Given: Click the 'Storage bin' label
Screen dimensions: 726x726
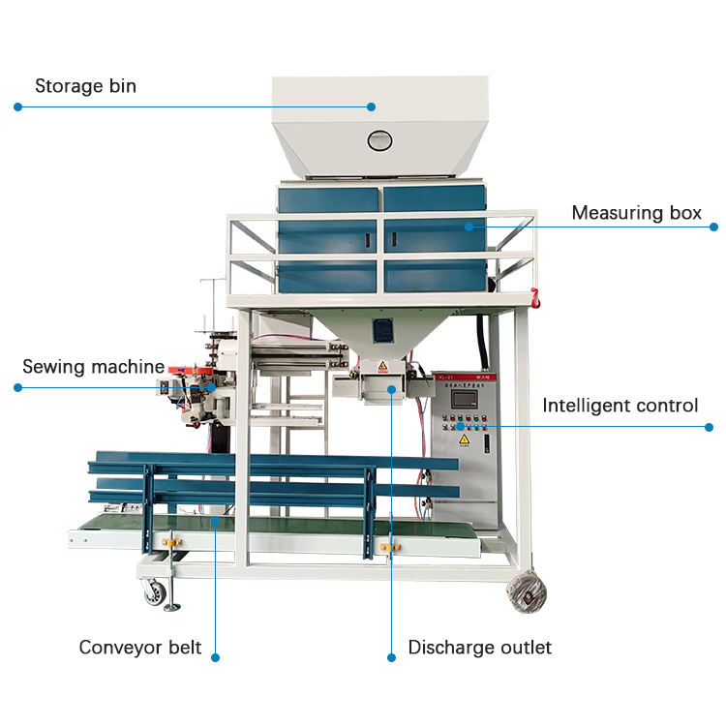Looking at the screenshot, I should [85, 86].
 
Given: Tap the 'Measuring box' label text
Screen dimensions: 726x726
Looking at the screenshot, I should [636, 213].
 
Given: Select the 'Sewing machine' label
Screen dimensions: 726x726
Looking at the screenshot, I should [93, 367].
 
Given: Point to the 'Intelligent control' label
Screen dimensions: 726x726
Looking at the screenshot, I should [620, 406].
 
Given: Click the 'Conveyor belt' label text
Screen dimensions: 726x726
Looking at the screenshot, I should [140, 647].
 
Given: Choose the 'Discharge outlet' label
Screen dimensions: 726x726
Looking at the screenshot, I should [479, 647].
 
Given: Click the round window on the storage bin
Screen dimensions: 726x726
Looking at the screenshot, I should [378, 140].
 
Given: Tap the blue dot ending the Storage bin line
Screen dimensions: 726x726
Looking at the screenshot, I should [17, 106].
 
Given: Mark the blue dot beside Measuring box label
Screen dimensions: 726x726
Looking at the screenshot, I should [713, 227].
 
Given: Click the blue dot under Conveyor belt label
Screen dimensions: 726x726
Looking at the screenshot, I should [215, 657].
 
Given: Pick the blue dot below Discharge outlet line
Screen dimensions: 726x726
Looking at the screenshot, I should [391, 657].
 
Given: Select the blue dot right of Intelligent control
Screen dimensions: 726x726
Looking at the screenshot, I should [709, 426].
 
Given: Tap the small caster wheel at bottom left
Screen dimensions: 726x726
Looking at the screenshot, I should [156, 593].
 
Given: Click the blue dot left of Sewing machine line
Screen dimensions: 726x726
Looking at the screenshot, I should [17, 387].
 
